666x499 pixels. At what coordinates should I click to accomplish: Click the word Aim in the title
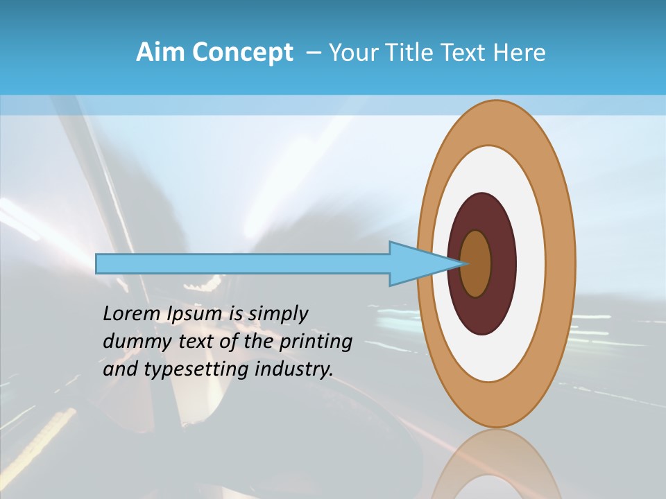pyautogui.click(x=159, y=53)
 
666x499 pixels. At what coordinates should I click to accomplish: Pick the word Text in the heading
pyautogui.click(x=467, y=53)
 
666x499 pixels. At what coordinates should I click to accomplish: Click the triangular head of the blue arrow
pyautogui.click(x=416, y=264)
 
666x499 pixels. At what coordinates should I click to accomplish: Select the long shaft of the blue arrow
pyautogui.click(x=243, y=264)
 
